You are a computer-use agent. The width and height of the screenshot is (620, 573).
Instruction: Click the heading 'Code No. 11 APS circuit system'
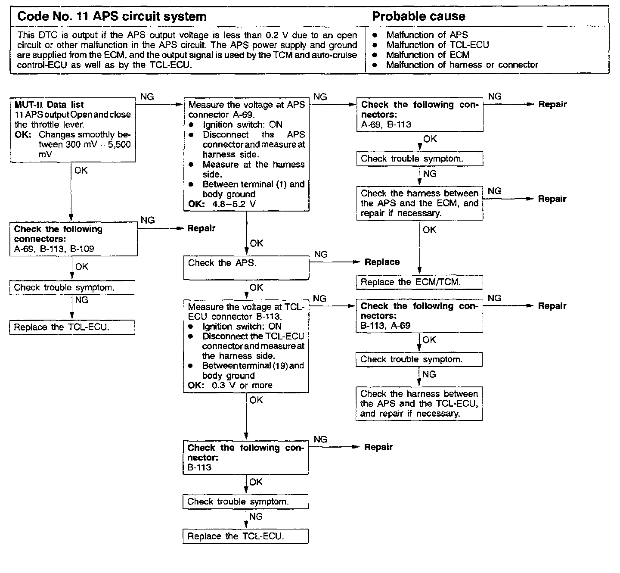click(112, 17)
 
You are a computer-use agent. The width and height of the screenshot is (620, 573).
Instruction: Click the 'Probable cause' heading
click(418, 17)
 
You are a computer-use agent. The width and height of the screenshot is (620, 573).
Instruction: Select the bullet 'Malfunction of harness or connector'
click(462, 65)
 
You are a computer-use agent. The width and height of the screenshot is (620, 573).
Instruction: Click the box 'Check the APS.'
click(246, 268)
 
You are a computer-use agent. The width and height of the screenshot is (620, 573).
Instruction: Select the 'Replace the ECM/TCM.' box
click(419, 283)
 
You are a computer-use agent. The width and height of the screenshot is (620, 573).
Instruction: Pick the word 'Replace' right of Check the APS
click(382, 262)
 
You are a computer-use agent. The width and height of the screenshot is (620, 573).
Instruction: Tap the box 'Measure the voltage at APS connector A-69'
click(246, 154)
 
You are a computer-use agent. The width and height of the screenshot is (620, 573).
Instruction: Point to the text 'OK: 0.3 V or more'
click(230, 386)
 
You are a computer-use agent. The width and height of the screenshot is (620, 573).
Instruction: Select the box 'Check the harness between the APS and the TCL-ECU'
click(419, 404)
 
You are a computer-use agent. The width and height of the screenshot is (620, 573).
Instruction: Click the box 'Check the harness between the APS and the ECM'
click(419, 203)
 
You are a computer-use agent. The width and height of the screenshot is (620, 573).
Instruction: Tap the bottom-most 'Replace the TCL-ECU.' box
click(245, 536)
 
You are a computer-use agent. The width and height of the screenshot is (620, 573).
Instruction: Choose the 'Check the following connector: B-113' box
click(245, 457)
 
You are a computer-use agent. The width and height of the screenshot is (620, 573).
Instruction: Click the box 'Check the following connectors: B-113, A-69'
click(419, 316)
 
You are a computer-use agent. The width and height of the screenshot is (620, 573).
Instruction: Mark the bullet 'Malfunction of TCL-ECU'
click(437, 45)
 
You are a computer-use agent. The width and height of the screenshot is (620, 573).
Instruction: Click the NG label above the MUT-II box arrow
click(147, 97)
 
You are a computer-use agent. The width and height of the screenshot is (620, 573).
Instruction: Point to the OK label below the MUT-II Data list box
click(81, 171)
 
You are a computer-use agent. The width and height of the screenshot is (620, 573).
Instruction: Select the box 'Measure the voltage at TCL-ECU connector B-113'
click(246, 346)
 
